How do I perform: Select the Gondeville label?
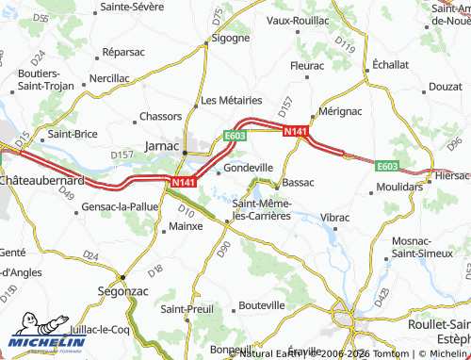click(248, 168)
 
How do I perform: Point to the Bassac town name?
click(298, 182)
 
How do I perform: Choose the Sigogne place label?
click(230, 39)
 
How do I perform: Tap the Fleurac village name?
click(307, 66)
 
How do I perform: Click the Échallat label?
click(390, 64)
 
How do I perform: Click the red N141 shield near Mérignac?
click(295, 133)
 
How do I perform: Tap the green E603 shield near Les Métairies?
click(235, 136)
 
